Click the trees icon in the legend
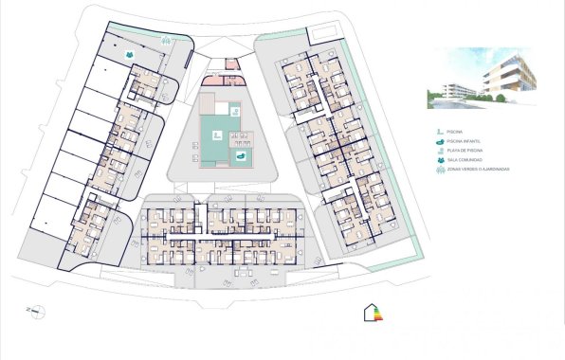coord(438,170)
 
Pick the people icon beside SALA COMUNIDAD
coord(438,160)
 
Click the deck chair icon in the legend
coord(438,151)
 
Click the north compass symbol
coord(36,310)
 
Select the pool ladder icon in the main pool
coord(216,132)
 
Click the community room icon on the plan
coord(126,56)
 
